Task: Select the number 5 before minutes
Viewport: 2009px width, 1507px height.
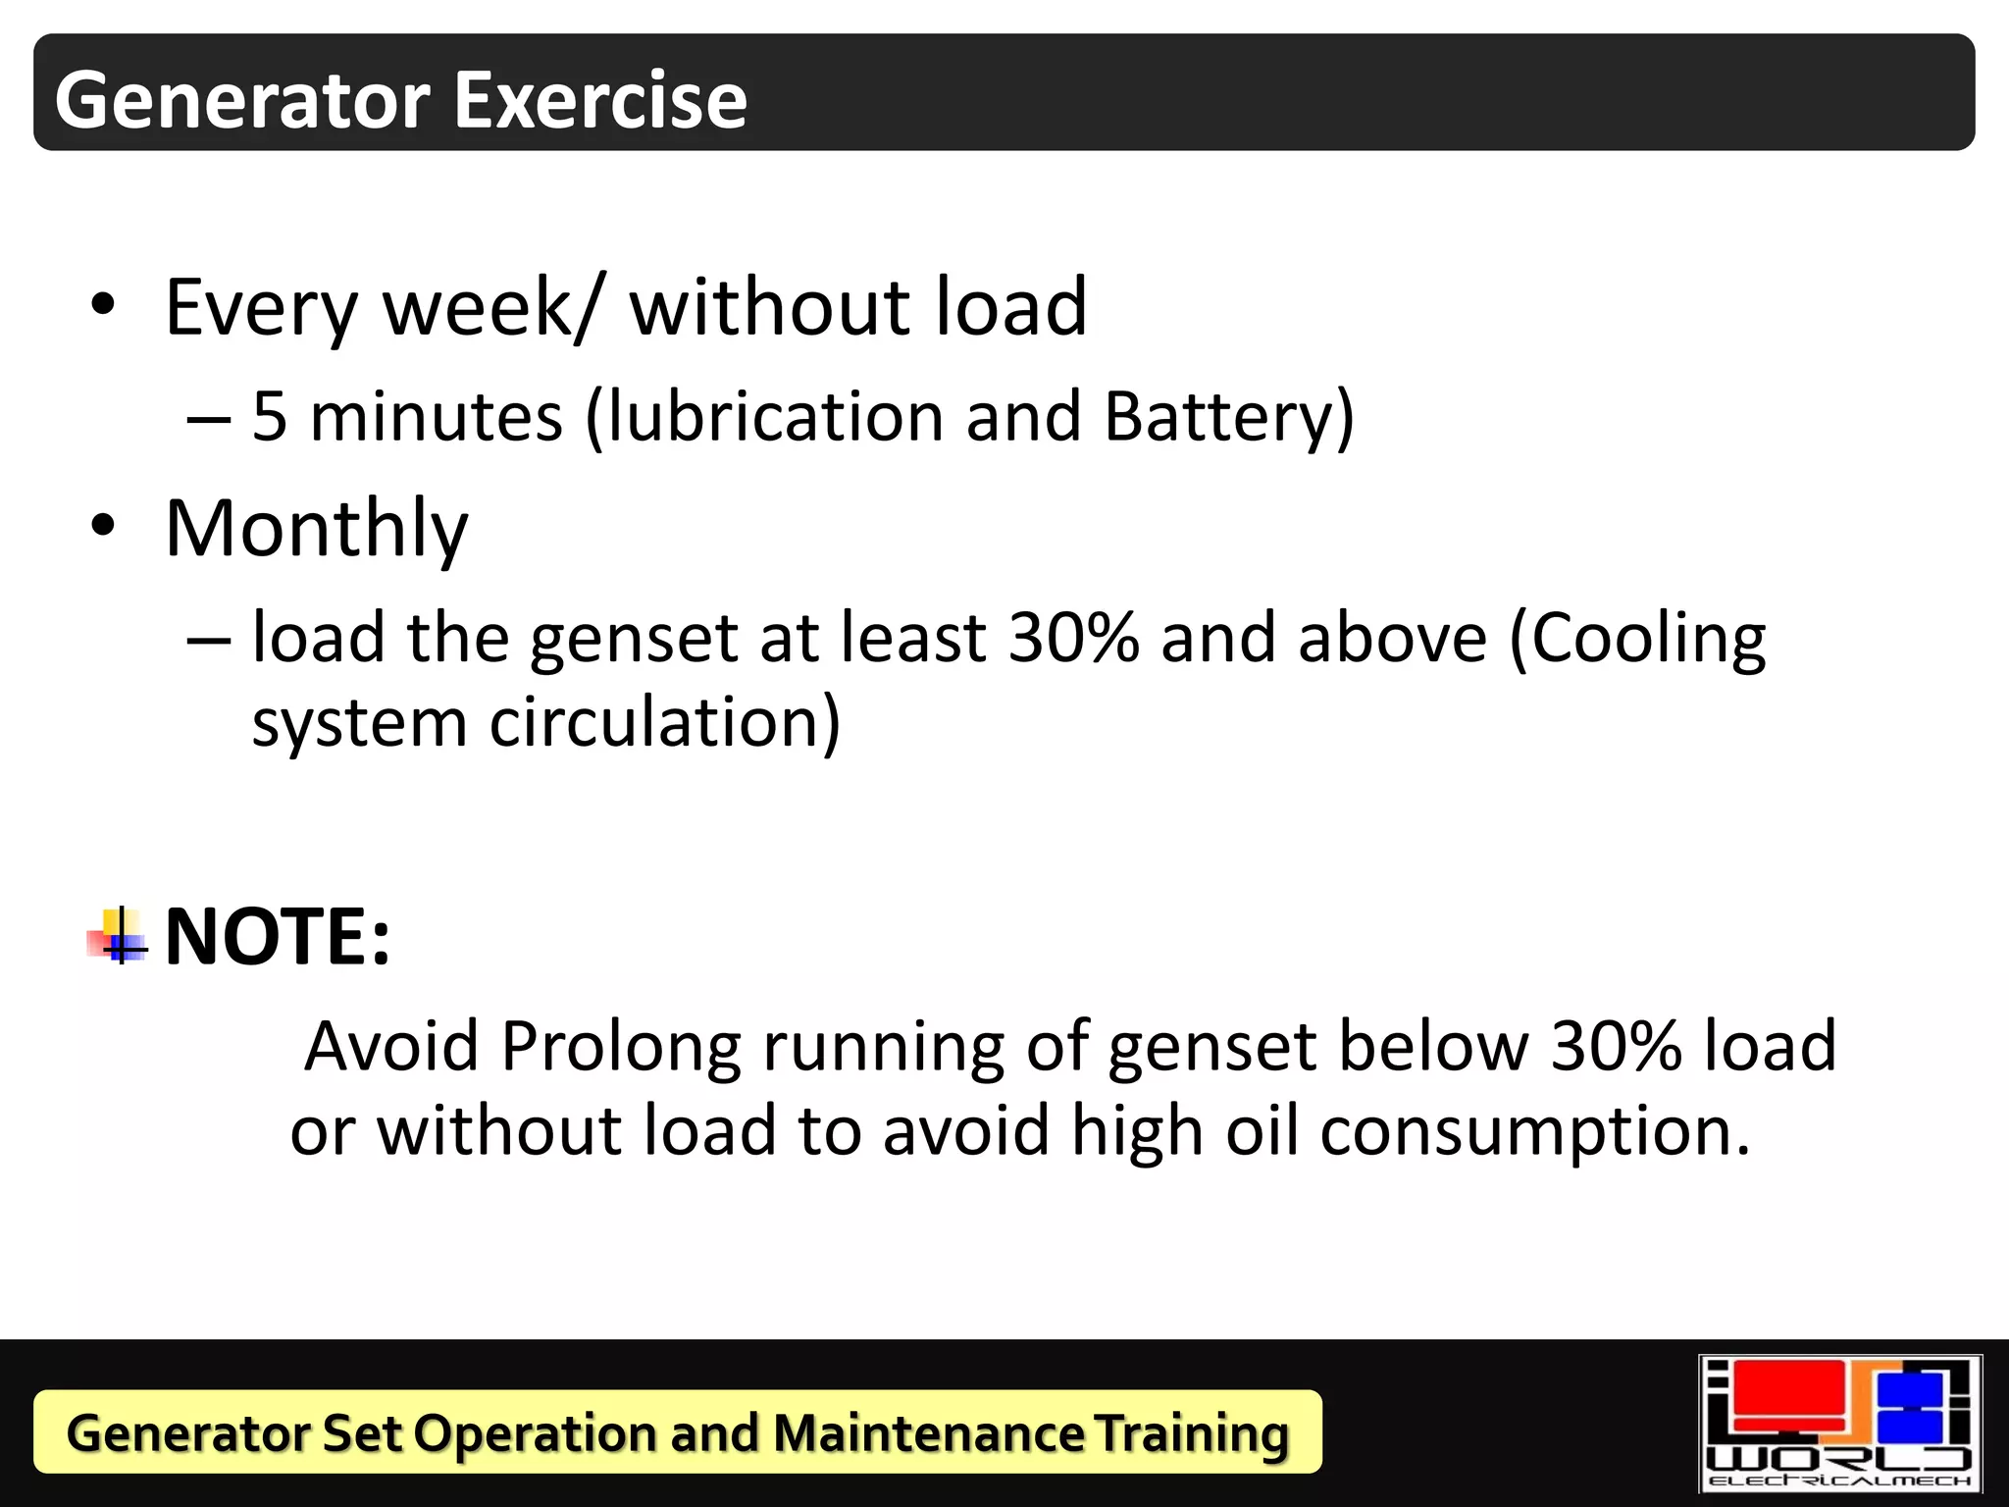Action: pos(270,416)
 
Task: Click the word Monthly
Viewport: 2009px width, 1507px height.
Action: pos(317,530)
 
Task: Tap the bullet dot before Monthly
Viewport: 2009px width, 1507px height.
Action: pos(103,526)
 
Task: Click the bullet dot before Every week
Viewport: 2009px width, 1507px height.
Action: pos(103,305)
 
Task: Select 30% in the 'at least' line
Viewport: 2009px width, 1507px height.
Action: pos(1073,638)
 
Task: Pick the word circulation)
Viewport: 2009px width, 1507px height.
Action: pos(664,723)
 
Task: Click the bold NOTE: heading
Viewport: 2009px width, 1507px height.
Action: pos(278,936)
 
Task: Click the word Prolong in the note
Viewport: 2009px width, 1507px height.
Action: pos(620,1046)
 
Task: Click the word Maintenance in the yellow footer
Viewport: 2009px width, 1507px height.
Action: pos(928,1432)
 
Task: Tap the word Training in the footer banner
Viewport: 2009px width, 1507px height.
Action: pos(1191,1434)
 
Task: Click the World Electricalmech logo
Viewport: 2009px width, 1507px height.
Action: pos(1839,1424)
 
